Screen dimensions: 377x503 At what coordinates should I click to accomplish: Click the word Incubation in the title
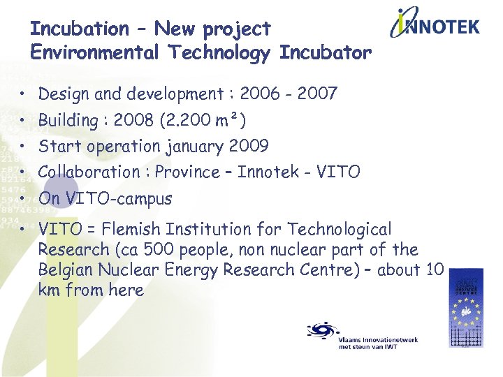[79, 29]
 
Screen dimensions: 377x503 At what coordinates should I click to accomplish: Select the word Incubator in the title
[326, 53]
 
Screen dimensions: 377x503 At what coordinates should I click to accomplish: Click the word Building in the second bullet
[68, 120]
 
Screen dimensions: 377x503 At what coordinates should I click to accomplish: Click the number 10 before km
[434, 269]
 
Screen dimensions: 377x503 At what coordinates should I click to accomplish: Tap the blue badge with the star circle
[465, 307]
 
